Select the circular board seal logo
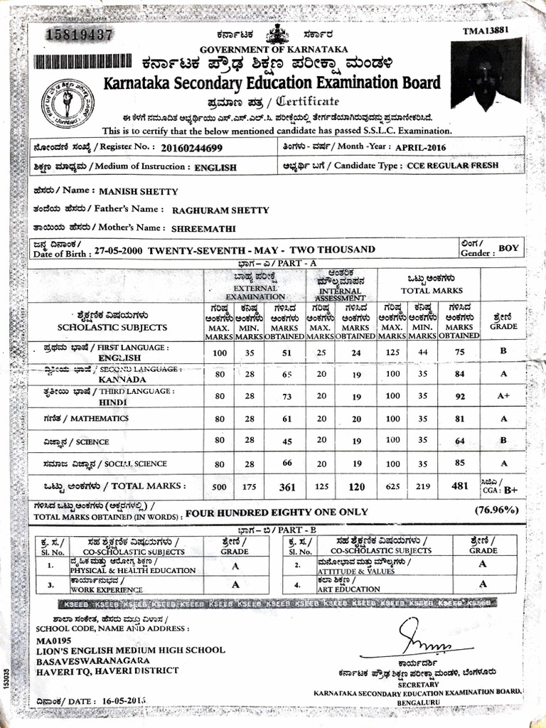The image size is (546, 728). point(67,104)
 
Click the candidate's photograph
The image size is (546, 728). point(486,75)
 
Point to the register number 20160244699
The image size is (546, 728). point(191,148)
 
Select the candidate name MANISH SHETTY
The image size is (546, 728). point(139,191)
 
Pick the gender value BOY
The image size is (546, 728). point(508,248)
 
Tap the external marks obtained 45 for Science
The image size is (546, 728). point(287,441)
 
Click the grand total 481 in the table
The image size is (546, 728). point(460,487)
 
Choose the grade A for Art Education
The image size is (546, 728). point(483,584)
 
